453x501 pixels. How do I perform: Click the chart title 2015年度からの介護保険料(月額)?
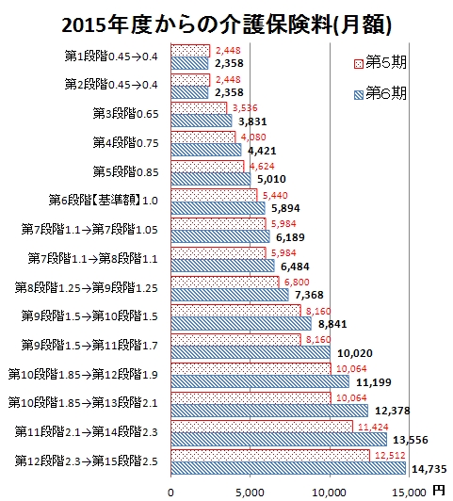pos(226,24)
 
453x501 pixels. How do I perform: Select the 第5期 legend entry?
pos(380,62)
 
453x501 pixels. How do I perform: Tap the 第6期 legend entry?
pos(380,93)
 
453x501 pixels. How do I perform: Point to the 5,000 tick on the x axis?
pos(251,493)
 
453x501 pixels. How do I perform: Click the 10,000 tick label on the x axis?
pos(330,493)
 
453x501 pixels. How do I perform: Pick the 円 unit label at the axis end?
pos(439,491)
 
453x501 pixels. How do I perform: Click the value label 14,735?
pos(429,469)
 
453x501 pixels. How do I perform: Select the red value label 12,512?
pos(390,455)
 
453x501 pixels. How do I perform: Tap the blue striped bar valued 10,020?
pos(251,352)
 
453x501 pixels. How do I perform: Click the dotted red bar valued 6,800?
pos(225,283)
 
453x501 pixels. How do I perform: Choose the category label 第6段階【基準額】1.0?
pos(104,201)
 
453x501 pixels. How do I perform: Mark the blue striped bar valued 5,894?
pos(218,208)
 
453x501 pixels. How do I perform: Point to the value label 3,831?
pos(252,121)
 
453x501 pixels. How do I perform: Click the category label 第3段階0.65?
pos(125,114)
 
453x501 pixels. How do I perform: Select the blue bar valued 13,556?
pos(279,440)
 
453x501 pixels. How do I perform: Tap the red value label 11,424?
pos(373,427)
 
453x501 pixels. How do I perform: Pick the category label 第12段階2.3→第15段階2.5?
pos(87,461)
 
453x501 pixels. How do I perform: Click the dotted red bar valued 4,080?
pos(203,137)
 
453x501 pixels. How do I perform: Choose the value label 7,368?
pos(309,295)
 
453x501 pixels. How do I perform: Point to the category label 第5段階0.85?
pos(125,172)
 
